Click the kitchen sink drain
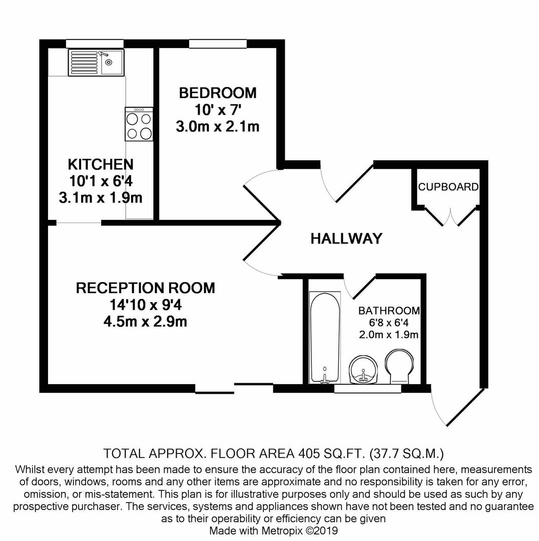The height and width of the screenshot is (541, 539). (109, 62)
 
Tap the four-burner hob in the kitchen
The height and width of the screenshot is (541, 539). (139, 124)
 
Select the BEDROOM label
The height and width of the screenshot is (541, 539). (218, 93)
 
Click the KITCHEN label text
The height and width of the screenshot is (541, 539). (101, 165)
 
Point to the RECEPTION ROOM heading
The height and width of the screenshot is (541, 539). (146, 288)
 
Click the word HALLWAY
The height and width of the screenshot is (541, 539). (346, 238)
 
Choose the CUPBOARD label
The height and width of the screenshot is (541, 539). (448, 187)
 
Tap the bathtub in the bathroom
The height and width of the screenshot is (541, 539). (325, 338)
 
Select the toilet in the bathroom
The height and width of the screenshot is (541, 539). (399, 367)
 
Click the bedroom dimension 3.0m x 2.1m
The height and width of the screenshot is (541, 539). (218, 127)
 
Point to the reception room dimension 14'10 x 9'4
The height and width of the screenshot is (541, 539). (146, 305)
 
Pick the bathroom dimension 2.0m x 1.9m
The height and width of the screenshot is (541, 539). (389, 334)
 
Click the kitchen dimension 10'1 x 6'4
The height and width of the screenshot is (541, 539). (101, 181)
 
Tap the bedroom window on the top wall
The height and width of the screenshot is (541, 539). (218, 44)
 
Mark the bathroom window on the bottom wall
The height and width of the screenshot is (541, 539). (368, 389)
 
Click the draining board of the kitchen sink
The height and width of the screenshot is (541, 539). (84, 63)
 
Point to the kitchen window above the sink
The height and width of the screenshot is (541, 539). (95, 44)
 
